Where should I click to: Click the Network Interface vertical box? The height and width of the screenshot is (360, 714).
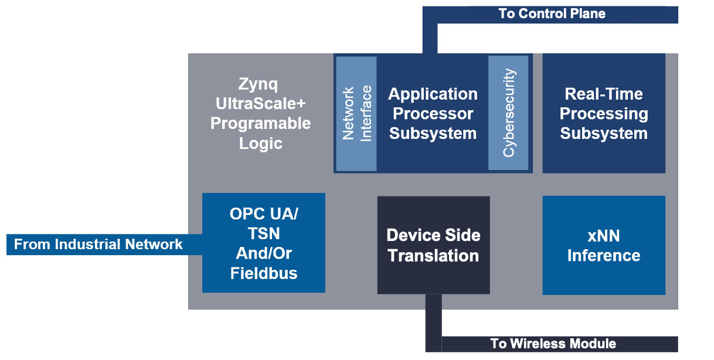point(356,114)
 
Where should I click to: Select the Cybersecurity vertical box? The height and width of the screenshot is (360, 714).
point(508,113)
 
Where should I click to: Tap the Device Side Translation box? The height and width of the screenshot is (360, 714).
point(433,245)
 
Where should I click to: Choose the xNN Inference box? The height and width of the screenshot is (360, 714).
point(603,245)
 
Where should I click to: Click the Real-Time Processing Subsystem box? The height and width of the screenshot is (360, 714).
point(603,113)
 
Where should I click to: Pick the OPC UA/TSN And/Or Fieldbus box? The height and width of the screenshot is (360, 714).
point(263,243)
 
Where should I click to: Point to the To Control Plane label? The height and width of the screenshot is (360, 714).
point(552,13)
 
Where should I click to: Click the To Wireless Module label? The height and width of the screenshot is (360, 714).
point(553,344)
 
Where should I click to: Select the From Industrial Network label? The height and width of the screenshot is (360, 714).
point(98,244)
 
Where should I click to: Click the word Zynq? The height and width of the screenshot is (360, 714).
point(259,84)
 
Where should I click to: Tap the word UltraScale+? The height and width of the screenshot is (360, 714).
point(261,104)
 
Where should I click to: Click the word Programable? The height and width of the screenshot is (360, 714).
point(261,124)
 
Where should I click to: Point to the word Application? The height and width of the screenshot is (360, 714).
point(433,94)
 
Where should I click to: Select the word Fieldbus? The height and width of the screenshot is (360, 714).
point(264,273)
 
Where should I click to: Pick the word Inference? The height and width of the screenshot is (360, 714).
point(603,256)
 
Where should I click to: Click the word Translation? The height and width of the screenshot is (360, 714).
point(433,256)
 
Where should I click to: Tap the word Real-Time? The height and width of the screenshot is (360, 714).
point(603,94)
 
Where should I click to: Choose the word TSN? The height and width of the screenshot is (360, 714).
point(264,234)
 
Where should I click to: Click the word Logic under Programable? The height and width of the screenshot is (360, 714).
point(261,144)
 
